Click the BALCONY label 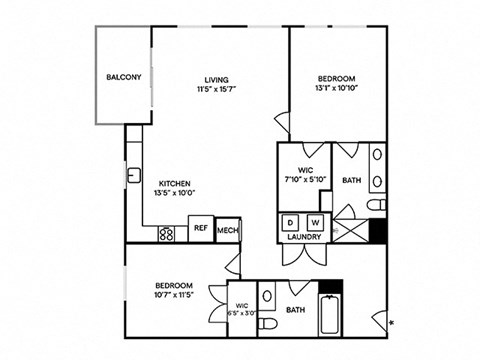[x=124, y=77]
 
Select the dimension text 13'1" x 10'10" [x=339, y=87]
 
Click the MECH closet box [x=228, y=231]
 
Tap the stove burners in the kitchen [x=167, y=234]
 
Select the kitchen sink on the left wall [x=133, y=177]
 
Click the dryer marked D [x=291, y=222]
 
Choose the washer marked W [x=315, y=222]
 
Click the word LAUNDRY [x=303, y=237]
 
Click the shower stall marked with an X [x=350, y=222]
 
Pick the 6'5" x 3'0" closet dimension [x=242, y=313]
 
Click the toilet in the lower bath [x=267, y=297]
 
